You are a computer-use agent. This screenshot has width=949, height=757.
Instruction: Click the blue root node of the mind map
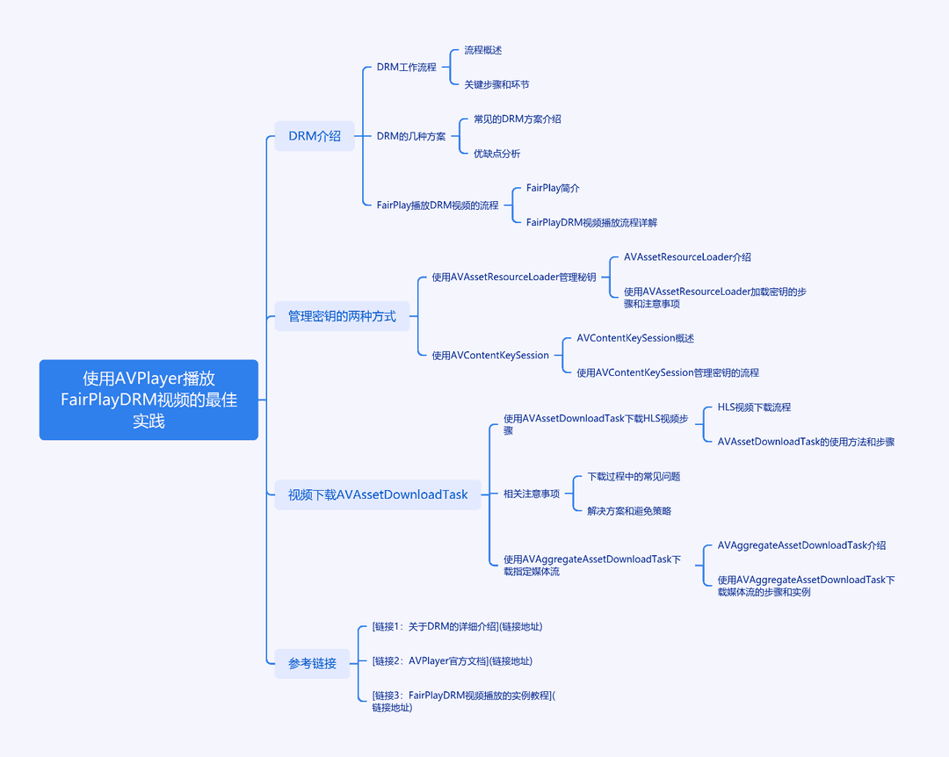tap(149, 400)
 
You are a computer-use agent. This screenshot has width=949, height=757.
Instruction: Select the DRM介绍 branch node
tap(315, 136)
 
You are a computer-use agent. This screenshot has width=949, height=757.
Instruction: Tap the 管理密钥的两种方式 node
tap(342, 316)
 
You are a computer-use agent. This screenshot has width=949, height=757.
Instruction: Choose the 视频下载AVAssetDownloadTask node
tap(378, 494)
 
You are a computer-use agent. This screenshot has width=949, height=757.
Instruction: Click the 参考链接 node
tap(312, 663)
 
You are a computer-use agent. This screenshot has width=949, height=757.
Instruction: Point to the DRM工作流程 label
tap(407, 67)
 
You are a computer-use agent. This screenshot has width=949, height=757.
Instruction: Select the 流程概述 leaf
tap(483, 50)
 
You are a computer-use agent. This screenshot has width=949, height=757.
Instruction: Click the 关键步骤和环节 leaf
tap(496, 84)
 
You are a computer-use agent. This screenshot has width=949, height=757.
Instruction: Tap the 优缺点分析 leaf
tap(496, 154)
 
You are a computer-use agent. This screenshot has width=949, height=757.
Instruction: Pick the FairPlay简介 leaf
tap(553, 188)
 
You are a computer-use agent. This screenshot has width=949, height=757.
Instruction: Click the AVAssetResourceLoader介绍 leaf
tap(687, 257)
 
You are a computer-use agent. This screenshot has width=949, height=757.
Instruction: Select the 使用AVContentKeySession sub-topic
tap(490, 355)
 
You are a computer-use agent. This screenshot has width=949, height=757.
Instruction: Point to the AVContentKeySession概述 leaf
tap(635, 338)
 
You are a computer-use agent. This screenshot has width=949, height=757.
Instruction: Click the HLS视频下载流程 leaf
tap(754, 407)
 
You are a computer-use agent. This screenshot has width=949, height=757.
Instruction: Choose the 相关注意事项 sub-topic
tap(532, 494)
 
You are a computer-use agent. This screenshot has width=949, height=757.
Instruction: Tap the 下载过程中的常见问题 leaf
tap(634, 477)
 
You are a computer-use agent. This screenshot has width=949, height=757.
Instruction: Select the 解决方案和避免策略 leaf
tap(629, 511)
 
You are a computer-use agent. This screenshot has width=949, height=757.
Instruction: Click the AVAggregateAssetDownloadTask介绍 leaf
tap(802, 545)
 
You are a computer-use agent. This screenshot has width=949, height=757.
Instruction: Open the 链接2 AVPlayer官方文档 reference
tap(453, 660)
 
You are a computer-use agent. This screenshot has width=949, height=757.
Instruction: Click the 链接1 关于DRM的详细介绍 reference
tap(457, 626)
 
